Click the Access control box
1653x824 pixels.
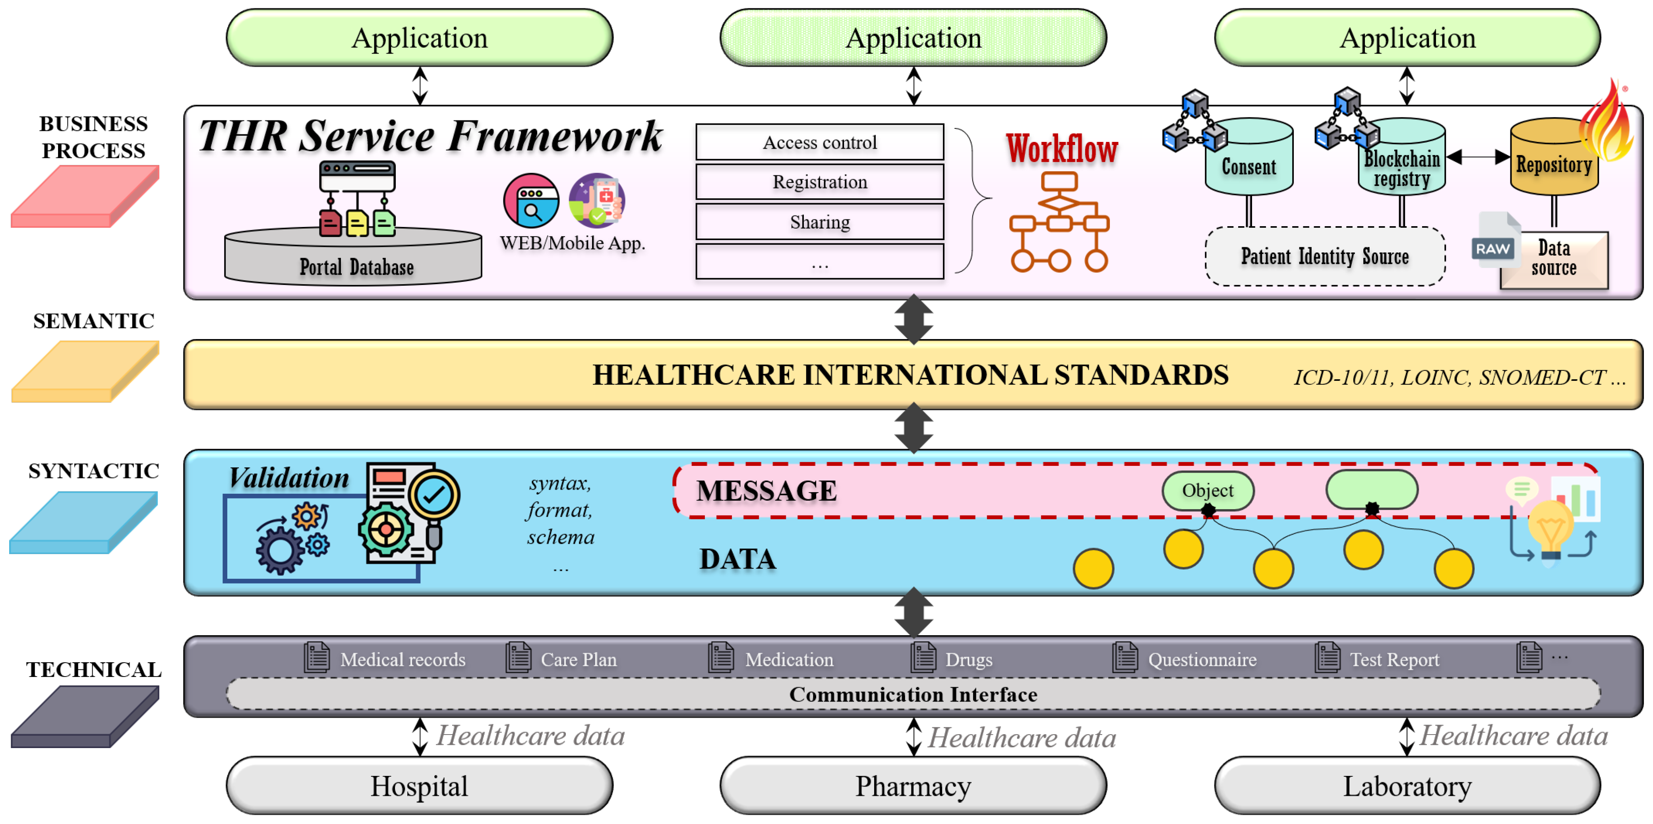tap(819, 142)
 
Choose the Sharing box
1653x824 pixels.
tap(819, 222)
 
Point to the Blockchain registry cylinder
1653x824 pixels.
tap(1401, 164)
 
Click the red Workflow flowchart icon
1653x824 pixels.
tap(1059, 221)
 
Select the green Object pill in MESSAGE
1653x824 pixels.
tap(1207, 490)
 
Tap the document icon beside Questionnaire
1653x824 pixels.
tap(1124, 658)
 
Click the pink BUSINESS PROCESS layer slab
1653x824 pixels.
tap(85, 196)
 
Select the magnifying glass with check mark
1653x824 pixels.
tap(434, 497)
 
